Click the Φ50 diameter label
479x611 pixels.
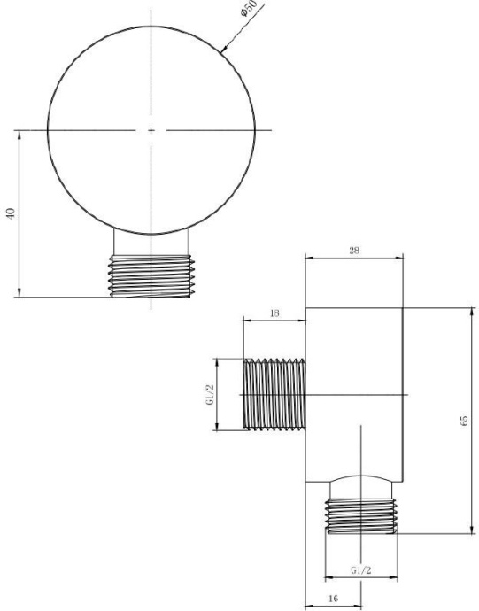250,9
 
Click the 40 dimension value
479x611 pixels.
11,213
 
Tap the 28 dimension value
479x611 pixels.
354,251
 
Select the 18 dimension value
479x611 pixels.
274,313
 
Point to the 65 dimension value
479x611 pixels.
464,421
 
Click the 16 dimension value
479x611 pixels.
333,598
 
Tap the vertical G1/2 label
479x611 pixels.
210,394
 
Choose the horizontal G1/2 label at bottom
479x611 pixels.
361,570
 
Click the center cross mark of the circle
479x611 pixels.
151,130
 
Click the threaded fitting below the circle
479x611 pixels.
151,276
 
